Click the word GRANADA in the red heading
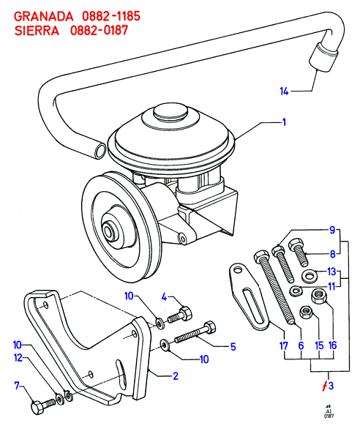43,17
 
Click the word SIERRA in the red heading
37,31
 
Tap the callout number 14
284,91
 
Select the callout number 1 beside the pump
284,122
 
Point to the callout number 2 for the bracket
176,376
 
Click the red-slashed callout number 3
328,386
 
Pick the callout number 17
283,346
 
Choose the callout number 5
233,347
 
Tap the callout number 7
17,385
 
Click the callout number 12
18,358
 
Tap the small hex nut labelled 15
306,312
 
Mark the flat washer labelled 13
309,276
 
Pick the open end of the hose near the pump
100,151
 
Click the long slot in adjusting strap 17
252,306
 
